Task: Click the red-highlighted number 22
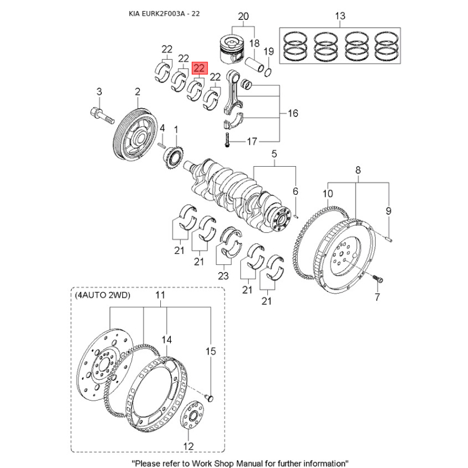pyautogui.click(x=199, y=68)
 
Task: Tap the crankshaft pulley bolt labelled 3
pyautogui.click(x=102, y=116)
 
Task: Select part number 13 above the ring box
pyautogui.click(x=340, y=16)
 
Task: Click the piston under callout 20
pyautogui.click(x=232, y=50)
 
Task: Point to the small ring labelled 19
pyautogui.click(x=268, y=71)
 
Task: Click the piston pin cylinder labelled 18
pyautogui.click(x=254, y=64)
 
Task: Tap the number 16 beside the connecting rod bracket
pyautogui.click(x=293, y=113)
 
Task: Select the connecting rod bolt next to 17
pyautogui.click(x=227, y=140)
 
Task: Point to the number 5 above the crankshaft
pyautogui.click(x=274, y=154)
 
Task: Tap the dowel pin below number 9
pyautogui.click(x=388, y=239)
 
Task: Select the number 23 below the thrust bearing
pyautogui.click(x=223, y=276)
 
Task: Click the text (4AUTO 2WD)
pyautogui.click(x=102, y=295)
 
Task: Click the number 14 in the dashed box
pyautogui.click(x=167, y=340)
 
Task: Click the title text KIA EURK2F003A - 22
pyautogui.click(x=164, y=13)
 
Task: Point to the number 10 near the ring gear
pyautogui.click(x=328, y=194)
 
